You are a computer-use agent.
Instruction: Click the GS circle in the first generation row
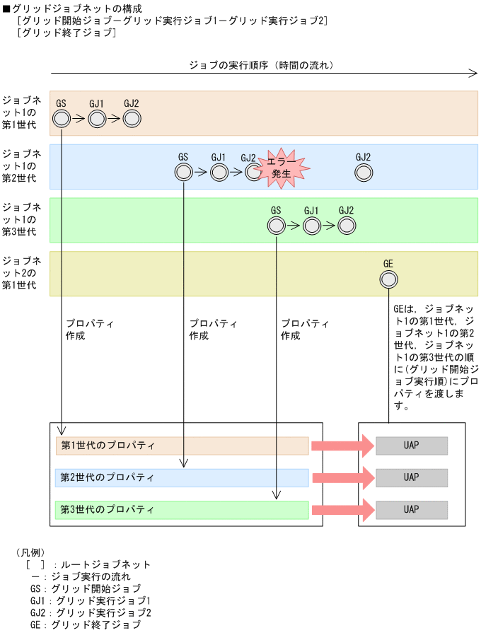click(62, 119)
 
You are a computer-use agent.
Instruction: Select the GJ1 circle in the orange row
click(97, 119)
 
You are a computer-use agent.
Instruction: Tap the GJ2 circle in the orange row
click(132, 119)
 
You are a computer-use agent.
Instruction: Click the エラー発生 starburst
click(282, 168)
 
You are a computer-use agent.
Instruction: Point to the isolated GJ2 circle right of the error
click(364, 172)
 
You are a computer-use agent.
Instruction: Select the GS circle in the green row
click(276, 226)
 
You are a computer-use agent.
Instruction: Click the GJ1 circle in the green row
click(311, 226)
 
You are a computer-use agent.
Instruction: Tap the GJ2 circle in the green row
click(346, 226)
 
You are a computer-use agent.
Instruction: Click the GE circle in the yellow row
click(388, 279)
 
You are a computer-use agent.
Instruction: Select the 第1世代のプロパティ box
click(182, 446)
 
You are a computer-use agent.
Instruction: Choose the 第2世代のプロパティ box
click(182, 477)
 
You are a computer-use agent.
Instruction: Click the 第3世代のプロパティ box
click(182, 509)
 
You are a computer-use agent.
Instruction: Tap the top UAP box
click(412, 446)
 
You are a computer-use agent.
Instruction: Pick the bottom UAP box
click(412, 509)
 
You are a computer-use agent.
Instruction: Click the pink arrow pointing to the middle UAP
click(342, 477)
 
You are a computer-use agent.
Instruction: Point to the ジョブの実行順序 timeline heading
click(261, 65)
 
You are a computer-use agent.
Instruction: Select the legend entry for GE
click(85, 625)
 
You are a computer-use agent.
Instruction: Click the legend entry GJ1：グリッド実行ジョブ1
click(90, 600)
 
